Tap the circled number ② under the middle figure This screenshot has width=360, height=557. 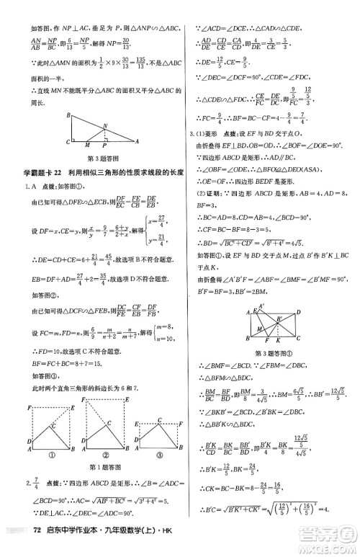(103, 455)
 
